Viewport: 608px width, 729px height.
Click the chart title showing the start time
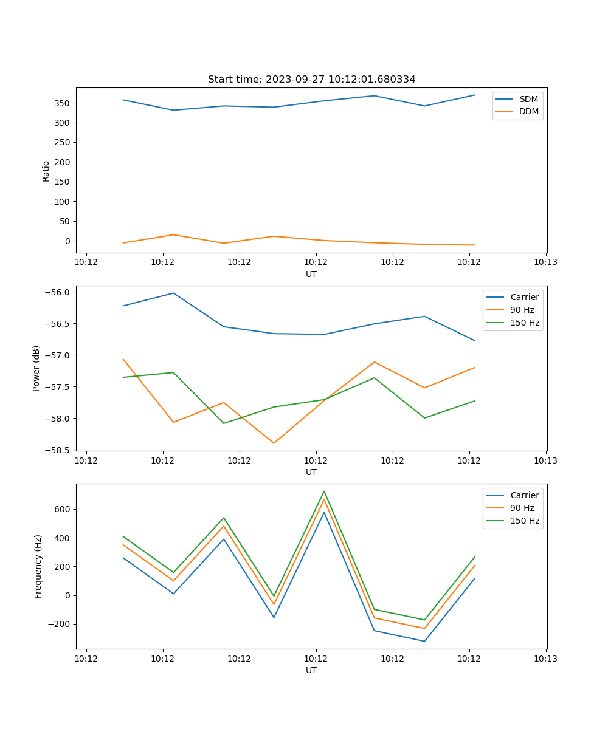pyautogui.click(x=311, y=80)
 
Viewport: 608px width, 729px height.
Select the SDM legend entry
pyautogui.click(x=528, y=99)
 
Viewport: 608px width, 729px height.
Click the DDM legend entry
pyautogui.click(x=528, y=111)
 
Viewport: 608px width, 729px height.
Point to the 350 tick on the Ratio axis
pyautogui.click(x=63, y=103)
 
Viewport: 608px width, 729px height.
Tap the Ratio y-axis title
pyautogui.click(x=46, y=171)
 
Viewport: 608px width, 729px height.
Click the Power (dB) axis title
pyautogui.click(x=36, y=368)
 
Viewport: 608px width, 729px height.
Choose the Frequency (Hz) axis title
pyautogui.click(x=38, y=566)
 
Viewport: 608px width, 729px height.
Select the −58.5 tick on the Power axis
pyautogui.click(x=60, y=450)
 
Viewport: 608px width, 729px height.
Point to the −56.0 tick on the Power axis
pyautogui.click(x=60, y=292)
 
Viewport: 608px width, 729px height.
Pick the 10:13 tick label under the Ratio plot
pyautogui.click(x=545, y=262)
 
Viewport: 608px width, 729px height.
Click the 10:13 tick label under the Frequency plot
pyautogui.click(x=545, y=659)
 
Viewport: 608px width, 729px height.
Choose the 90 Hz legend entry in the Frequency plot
pyautogui.click(x=522, y=508)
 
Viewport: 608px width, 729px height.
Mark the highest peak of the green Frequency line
pyautogui.click(x=324, y=491)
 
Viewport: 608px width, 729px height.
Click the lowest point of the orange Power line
pyautogui.click(x=274, y=443)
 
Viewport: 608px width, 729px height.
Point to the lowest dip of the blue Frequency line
pyautogui.click(x=424, y=641)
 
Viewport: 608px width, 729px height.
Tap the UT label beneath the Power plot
pyautogui.click(x=311, y=472)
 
